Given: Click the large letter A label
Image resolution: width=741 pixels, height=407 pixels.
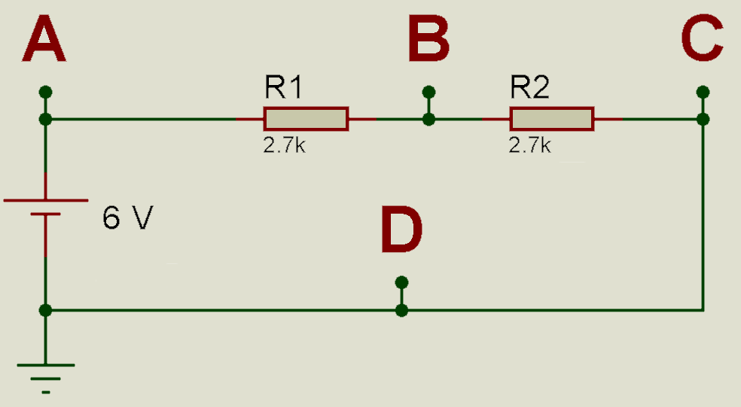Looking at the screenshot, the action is (x=44, y=38).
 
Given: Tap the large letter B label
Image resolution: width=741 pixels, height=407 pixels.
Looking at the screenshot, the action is (x=428, y=38).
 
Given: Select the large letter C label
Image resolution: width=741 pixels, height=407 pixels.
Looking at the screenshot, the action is (x=703, y=38).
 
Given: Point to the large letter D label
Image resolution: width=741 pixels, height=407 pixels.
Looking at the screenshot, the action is (x=401, y=229).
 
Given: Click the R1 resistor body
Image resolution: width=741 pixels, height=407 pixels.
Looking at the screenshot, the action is (x=306, y=119).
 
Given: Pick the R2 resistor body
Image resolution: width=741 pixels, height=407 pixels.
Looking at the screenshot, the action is (x=551, y=119).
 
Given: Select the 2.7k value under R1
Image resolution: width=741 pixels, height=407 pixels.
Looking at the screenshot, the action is (x=285, y=145).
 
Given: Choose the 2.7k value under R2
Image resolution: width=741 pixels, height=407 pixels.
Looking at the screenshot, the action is (x=529, y=145).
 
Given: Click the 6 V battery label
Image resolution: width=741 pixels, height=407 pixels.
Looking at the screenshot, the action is (x=127, y=217).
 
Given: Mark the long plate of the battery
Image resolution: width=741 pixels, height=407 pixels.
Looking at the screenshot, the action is (x=46, y=200).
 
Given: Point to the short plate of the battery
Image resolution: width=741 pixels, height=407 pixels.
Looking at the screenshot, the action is (x=45, y=214).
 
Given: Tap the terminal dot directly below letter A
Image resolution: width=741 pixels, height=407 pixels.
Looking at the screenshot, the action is (x=45, y=92).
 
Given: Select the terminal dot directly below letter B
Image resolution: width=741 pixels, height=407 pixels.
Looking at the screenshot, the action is (x=428, y=92).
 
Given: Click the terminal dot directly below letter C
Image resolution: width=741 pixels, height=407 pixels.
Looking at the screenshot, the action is (x=703, y=92).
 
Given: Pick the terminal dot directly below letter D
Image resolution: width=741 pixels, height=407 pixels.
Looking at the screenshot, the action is (x=401, y=283).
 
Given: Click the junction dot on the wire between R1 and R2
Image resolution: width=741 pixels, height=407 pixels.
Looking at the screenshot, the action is (x=428, y=119).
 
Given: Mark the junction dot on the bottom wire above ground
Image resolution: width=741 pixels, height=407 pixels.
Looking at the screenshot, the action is (x=45, y=310).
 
